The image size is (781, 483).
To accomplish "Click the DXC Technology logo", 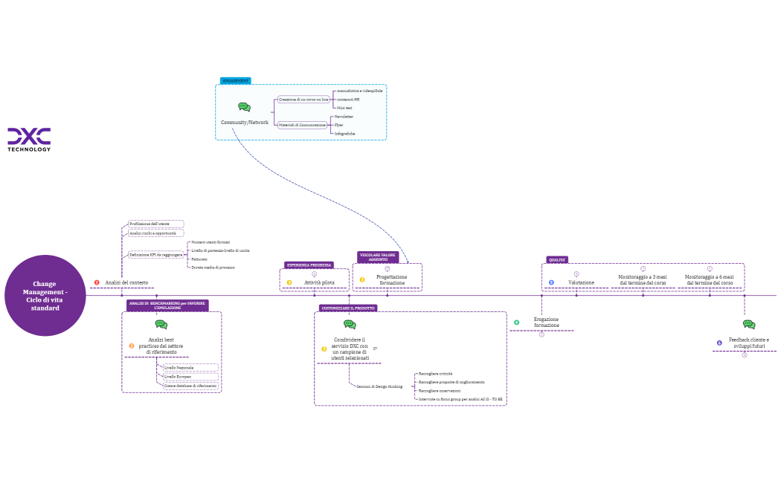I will (29, 138).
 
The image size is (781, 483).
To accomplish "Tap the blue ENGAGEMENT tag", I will (236, 81).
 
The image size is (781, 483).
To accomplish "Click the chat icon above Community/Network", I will (244, 107).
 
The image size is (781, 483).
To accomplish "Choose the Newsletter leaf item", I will (344, 117).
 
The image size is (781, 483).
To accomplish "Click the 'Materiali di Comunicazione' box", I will (302, 126).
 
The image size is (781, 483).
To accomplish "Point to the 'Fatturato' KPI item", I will (199, 259).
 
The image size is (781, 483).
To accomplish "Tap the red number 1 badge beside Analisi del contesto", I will (97, 282).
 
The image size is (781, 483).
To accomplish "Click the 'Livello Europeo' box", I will (179, 377).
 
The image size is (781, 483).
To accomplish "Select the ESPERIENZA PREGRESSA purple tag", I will (309, 265).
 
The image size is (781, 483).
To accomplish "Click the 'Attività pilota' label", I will (319, 282).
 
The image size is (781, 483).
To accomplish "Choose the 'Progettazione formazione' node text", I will (391, 279).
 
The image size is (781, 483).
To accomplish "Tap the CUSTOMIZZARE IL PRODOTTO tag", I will (348, 308).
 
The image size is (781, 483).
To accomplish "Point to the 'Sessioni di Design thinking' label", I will (379, 386).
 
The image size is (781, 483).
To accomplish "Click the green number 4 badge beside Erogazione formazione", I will (517, 322).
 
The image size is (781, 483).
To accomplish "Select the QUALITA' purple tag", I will (557, 260).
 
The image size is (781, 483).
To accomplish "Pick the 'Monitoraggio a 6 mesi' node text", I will (709, 279).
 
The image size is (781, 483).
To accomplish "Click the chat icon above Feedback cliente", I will (749, 325).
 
